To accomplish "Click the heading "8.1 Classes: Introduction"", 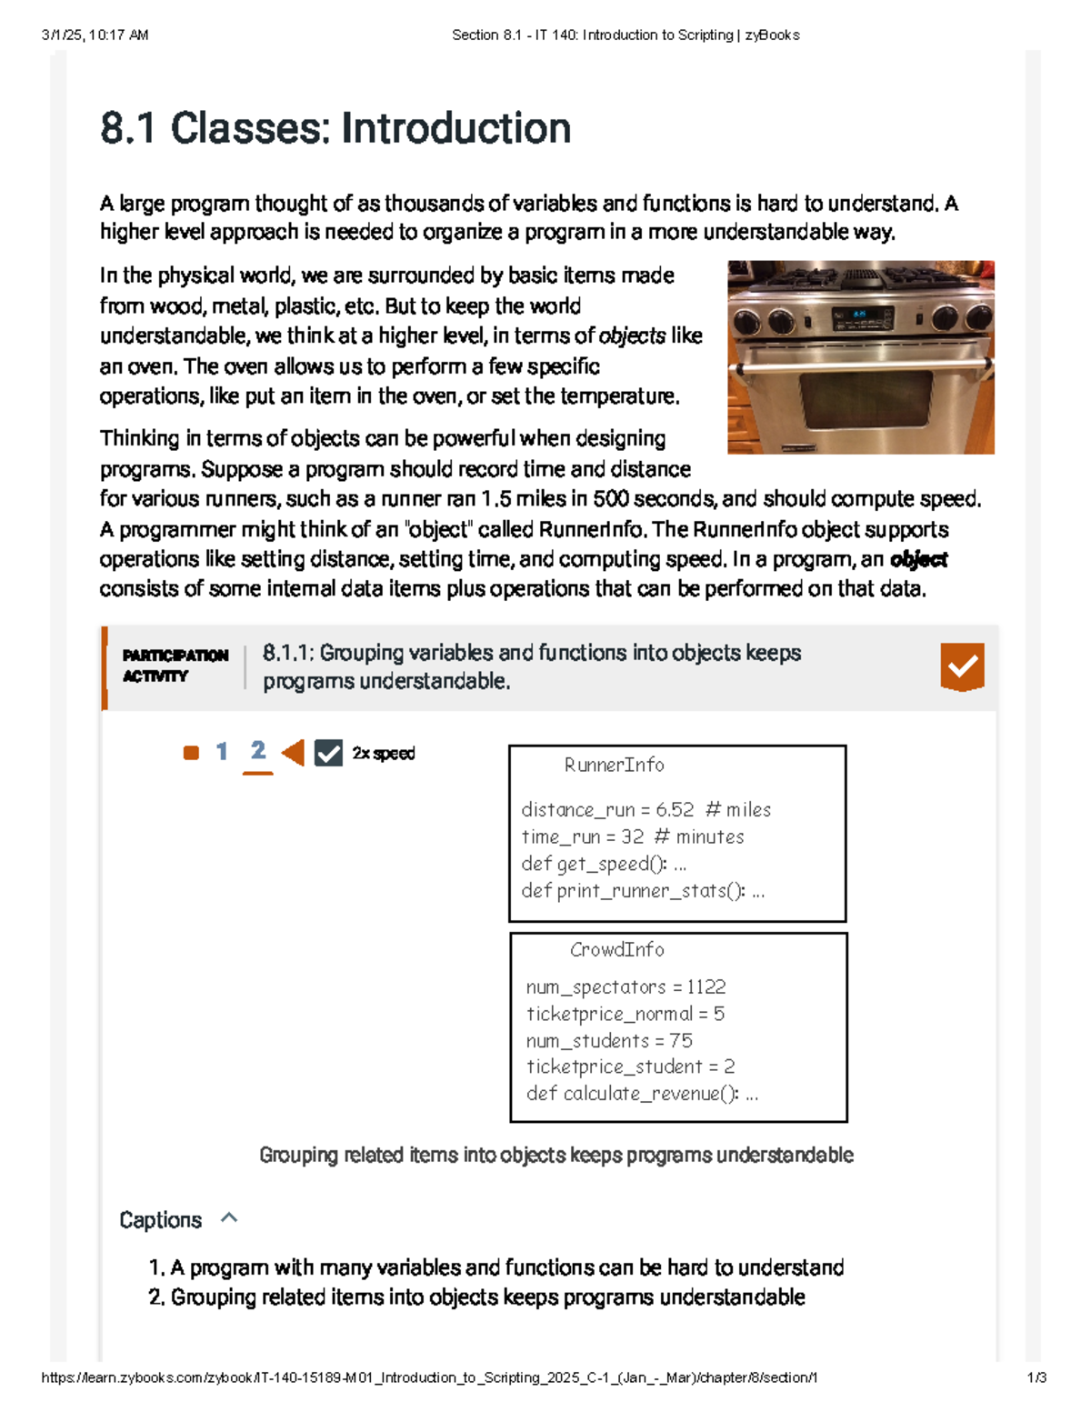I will click(335, 128).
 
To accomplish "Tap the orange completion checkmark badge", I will click(962, 666).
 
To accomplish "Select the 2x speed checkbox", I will click(328, 753).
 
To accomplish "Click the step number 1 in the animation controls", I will click(221, 752).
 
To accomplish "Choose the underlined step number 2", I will click(258, 751).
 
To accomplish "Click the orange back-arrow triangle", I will click(293, 753).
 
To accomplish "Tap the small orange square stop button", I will click(191, 753).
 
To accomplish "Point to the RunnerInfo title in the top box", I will click(614, 766).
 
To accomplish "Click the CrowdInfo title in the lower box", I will click(616, 950).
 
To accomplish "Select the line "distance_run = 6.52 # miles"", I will click(646, 810).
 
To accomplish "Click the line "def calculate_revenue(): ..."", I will click(642, 1094).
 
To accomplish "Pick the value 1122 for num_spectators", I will click(706, 987).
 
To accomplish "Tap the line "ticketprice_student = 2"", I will click(630, 1067).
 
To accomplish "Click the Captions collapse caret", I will click(229, 1218).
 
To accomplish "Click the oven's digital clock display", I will click(858, 315).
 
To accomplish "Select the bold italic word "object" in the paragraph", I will click(918, 559).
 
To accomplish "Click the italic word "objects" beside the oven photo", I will click(632, 336).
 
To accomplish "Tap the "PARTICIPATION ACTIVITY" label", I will click(175, 666).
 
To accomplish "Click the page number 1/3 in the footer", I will click(1036, 1377).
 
